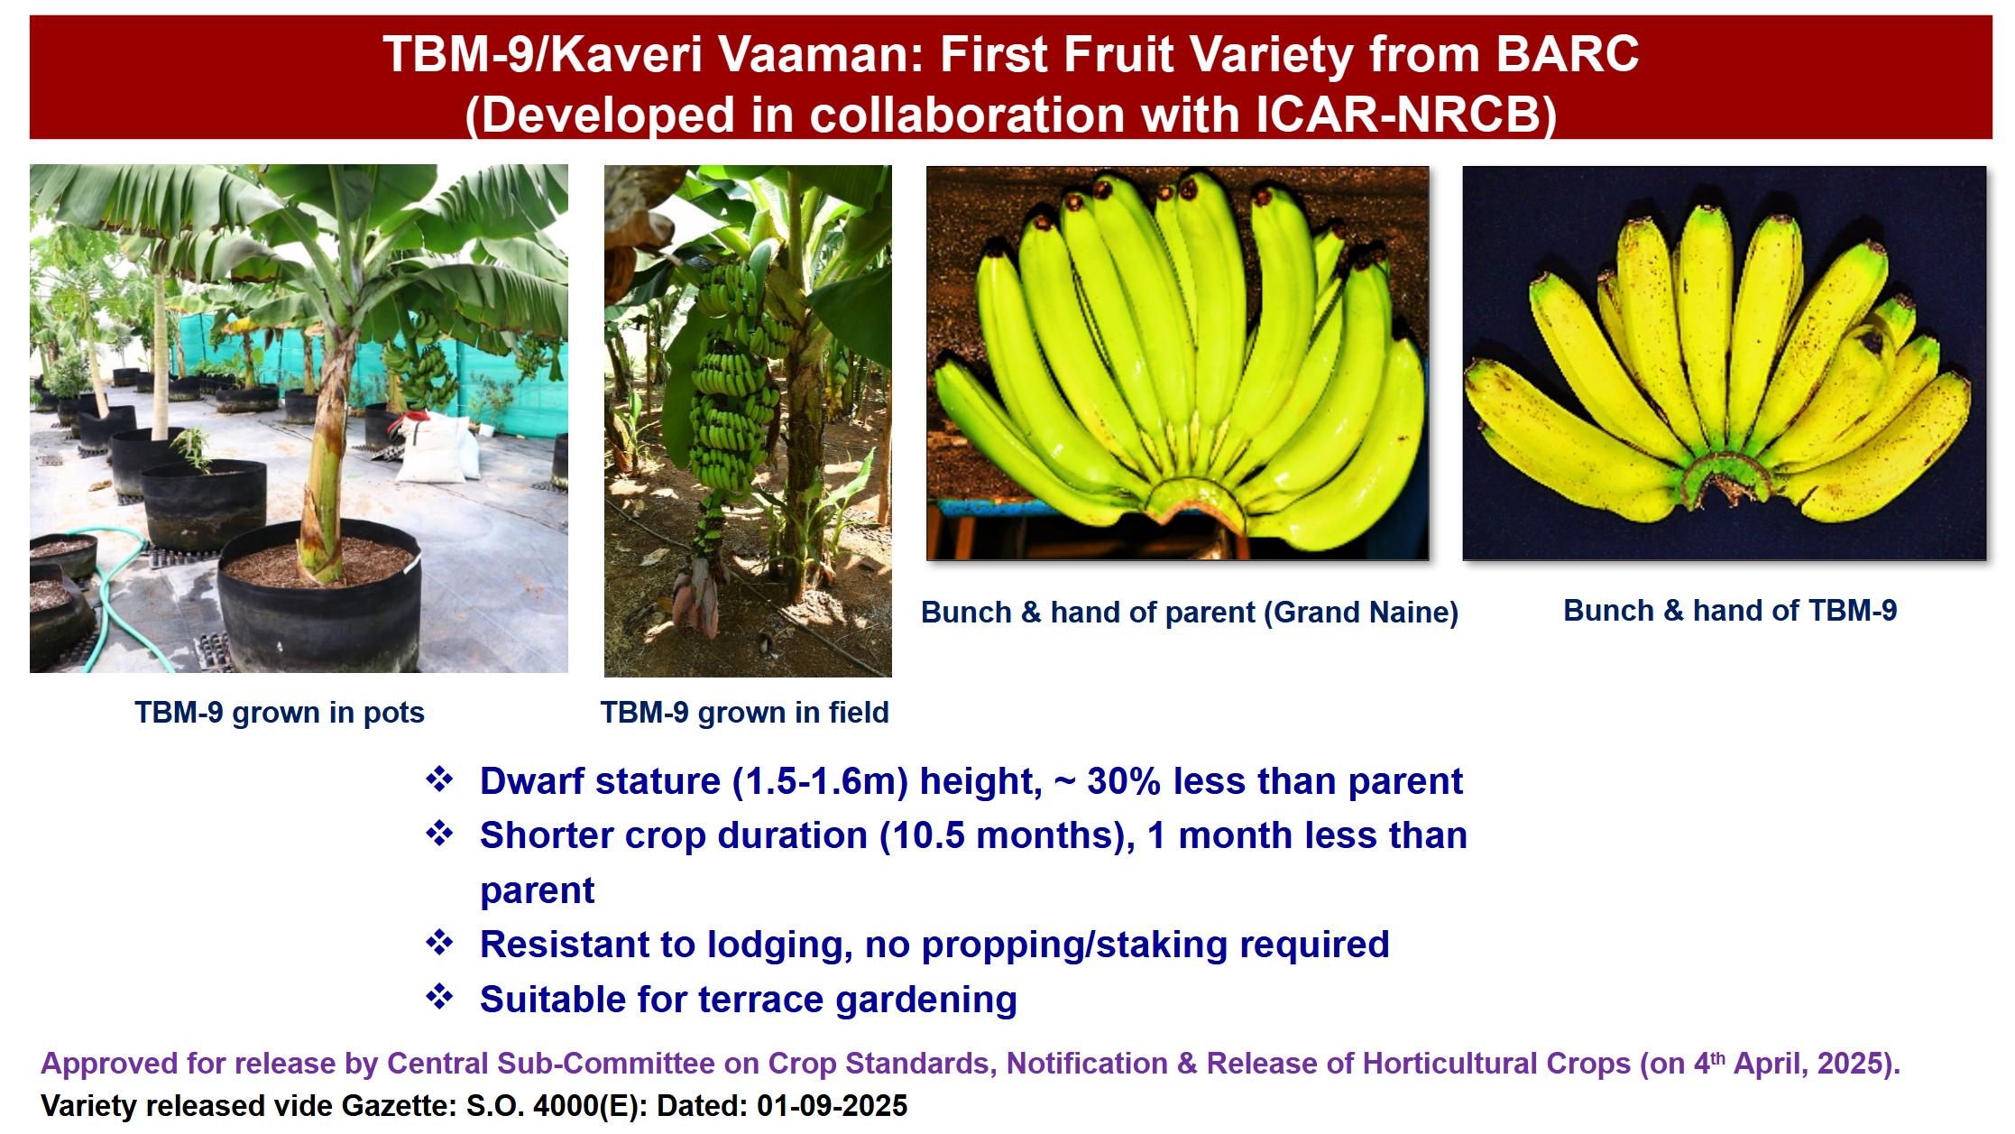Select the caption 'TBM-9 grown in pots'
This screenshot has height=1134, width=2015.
(x=280, y=712)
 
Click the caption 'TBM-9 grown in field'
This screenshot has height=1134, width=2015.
(x=745, y=712)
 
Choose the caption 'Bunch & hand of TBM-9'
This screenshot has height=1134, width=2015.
(x=1730, y=610)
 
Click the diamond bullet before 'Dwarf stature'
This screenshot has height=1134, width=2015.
(x=439, y=779)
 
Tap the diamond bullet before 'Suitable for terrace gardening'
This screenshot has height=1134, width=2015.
(x=439, y=997)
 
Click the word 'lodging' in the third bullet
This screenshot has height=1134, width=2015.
(x=779, y=945)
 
